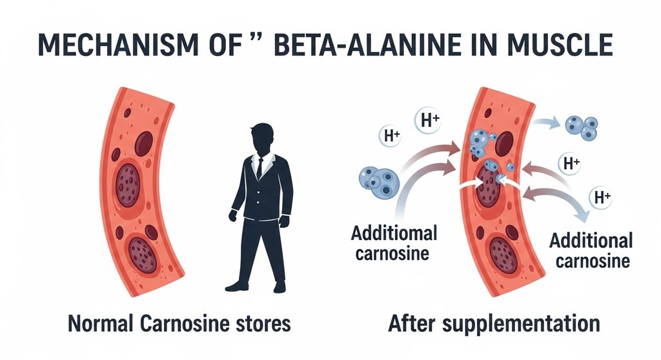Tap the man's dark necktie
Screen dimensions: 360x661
point(259,168)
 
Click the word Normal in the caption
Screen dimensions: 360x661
point(104,323)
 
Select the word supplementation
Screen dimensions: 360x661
point(516,323)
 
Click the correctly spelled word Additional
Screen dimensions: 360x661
point(591,241)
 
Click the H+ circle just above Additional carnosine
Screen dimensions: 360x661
point(602,198)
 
